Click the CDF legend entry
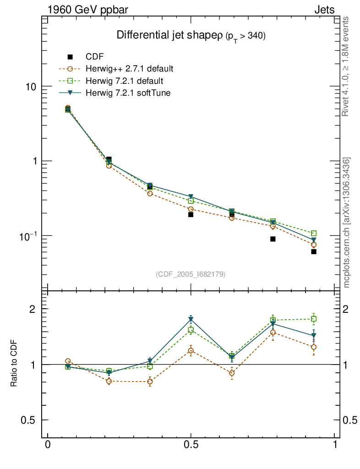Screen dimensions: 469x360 (x=95, y=57)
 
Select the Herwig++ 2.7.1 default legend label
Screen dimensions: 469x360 (x=129, y=69)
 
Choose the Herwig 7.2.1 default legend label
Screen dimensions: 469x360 (x=125, y=81)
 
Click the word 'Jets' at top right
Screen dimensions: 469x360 (x=324, y=10)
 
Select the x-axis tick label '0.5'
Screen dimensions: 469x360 (x=191, y=445)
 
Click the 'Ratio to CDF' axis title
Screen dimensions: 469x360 (x=14, y=365)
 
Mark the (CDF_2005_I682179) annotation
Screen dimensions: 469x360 (x=191, y=274)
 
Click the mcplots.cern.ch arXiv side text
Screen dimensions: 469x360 (x=347, y=222)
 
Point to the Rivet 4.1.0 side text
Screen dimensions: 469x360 (x=347, y=66)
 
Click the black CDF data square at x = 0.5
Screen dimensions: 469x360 (x=191, y=214)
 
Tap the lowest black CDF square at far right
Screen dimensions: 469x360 (x=314, y=251)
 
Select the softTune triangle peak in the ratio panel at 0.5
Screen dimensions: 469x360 (x=191, y=319)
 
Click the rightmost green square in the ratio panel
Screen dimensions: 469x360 (x=314, y=319)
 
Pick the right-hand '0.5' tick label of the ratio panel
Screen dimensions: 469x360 (x=350, y=420)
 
